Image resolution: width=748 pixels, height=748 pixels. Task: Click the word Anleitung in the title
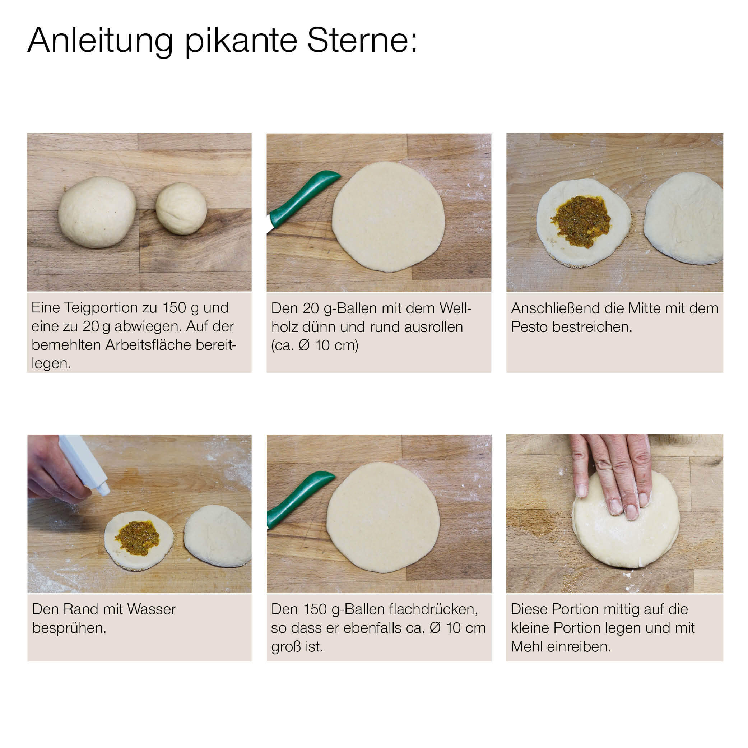click(100, 41)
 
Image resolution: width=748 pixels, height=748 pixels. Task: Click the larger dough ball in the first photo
click(97, 212)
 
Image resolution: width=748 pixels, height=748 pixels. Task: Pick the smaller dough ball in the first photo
click(181, 209)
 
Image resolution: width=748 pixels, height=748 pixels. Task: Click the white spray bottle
click(84, 464)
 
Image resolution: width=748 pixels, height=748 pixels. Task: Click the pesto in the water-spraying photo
click(138, 538)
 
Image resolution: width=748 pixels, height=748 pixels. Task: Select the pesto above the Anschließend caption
click(581, 221)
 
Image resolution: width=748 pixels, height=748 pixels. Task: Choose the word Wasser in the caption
click(152, 609)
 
